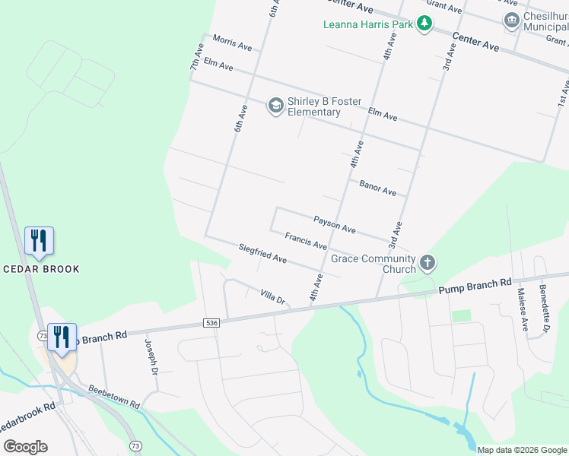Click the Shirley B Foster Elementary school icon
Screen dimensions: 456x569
275,106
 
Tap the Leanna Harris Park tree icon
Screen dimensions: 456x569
424,25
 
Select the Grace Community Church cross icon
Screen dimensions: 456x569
428,264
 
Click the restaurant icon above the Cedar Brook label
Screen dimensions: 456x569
38,240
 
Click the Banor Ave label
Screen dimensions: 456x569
378,188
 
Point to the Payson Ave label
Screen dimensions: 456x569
335,223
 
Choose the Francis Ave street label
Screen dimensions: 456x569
306,241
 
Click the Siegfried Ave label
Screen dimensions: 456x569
262,254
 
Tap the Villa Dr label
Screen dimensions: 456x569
272,296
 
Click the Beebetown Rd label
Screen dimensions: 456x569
113,397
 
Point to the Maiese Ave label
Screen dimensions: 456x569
523,309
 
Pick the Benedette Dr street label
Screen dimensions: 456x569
545,309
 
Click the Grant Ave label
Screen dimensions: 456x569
444,7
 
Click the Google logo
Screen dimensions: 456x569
25,447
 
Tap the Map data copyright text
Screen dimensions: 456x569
522,450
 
